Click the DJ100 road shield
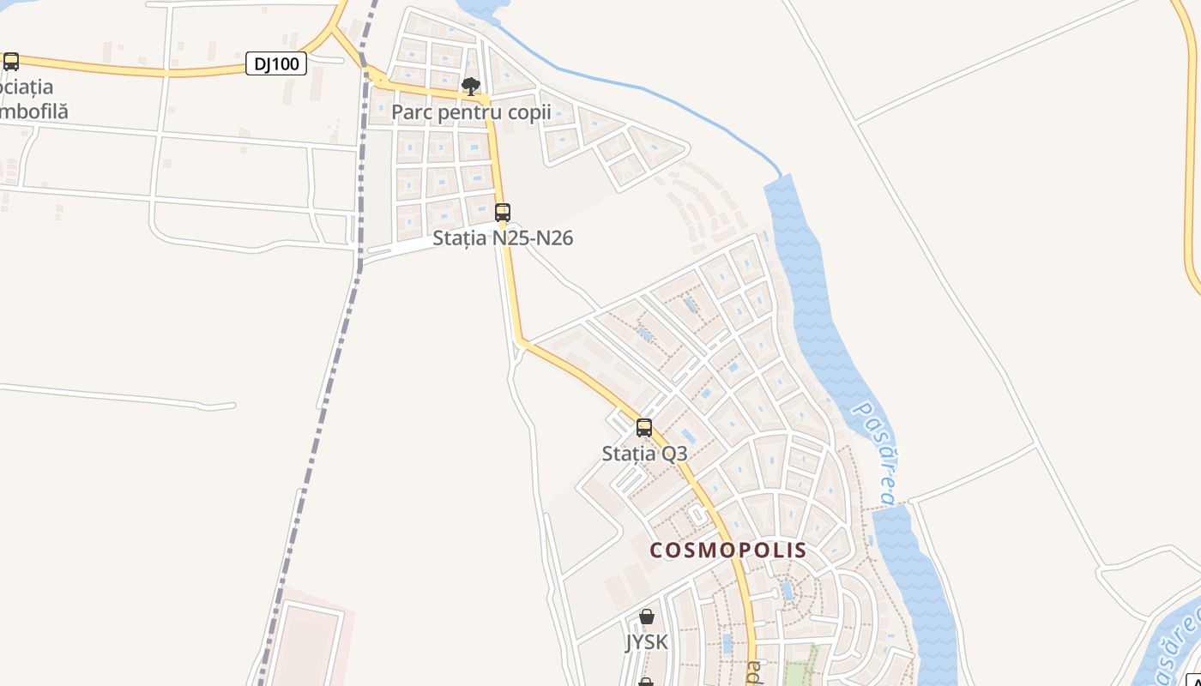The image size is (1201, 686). [276, 63]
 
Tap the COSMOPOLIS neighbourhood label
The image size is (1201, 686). [728, 550]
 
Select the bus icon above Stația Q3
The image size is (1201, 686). [644, 428]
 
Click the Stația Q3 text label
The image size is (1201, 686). [644, 454]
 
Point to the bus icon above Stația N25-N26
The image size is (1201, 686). [503, 212]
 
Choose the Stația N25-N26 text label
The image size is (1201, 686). [503, 238]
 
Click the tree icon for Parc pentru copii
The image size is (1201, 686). [470, 87]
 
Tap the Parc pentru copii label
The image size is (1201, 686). [471, 112]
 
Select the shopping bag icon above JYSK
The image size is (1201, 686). [647, 617]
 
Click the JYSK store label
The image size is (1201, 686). [646, 642]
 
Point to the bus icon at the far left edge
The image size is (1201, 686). [11, 62]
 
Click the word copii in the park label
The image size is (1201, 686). [526, 112]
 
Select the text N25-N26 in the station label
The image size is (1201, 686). [533, 238]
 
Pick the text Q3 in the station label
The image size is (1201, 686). [674, 454]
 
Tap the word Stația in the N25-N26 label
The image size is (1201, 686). [461, 238]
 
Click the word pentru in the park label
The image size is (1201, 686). [468, 112]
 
